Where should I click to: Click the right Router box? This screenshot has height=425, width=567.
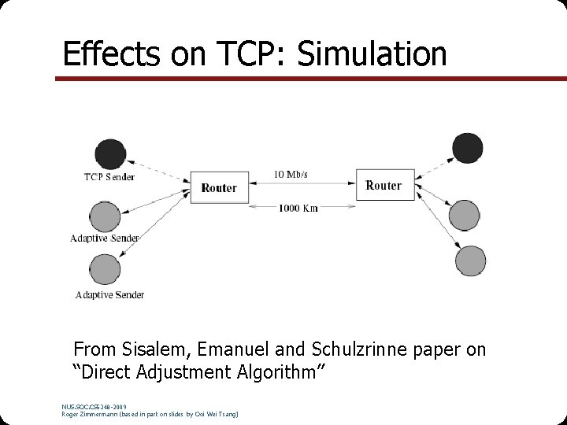point(384,185)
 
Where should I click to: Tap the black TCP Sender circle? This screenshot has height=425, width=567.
point(109,153)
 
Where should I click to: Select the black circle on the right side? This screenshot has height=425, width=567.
point(467,146)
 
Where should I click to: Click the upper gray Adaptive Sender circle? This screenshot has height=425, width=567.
point(105,216)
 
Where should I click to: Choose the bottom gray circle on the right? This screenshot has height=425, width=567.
point(471,261)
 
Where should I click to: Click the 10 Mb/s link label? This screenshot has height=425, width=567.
point(291,174)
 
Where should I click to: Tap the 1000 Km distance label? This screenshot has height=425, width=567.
point(298,208)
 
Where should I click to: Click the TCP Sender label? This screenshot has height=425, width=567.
point(109,176)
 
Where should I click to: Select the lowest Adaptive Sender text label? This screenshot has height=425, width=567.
point(109,295)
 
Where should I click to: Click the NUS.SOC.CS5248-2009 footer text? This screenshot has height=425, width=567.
point(93,406)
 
